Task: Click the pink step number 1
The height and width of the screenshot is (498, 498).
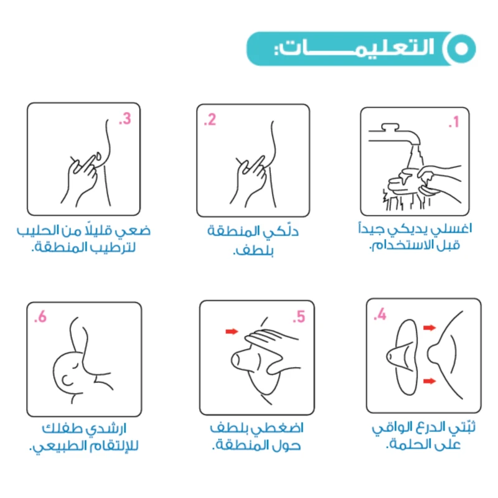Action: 454,121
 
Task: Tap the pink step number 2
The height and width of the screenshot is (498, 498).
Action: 210,120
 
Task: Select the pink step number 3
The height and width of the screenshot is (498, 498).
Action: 125,119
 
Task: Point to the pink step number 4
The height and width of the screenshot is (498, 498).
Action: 380,314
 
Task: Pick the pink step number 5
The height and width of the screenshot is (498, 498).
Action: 299,317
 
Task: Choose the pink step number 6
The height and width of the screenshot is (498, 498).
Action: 40,317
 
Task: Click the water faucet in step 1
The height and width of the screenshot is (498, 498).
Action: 394,134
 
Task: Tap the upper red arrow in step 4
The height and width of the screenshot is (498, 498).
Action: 430,327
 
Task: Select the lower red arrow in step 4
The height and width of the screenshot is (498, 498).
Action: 430,381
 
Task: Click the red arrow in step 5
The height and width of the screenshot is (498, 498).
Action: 232,332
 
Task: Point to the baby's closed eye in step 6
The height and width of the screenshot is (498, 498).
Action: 76,365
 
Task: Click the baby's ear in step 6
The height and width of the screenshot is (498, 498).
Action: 67,380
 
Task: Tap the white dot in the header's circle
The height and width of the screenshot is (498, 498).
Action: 461,49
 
